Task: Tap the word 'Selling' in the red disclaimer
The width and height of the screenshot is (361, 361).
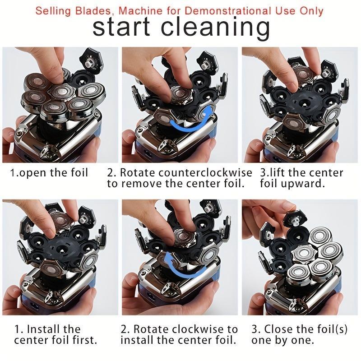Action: (x=55, y=10)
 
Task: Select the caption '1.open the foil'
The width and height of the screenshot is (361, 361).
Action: (x=49, y=173)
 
